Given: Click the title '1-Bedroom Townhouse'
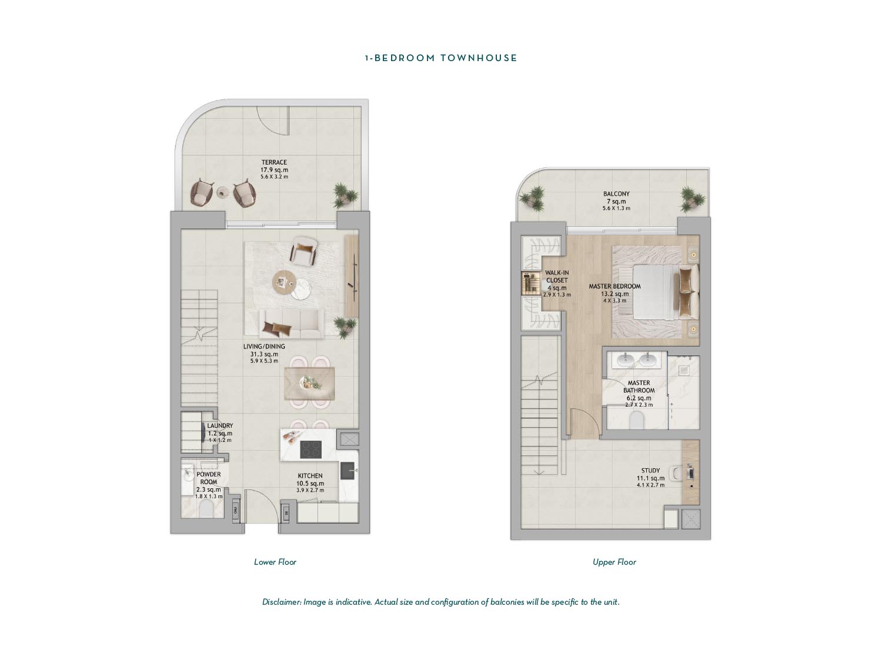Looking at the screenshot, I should tap(440, 58).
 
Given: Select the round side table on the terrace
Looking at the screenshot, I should tap(223, 192).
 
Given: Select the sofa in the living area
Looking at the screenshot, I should tap(292, 323).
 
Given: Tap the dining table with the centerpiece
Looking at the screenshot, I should tap(309, 383).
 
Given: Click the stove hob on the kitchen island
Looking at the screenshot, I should tap(310, 449).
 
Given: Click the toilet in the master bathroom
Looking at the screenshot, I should tap(637, 420).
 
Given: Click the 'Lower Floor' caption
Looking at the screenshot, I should tap(275, 562).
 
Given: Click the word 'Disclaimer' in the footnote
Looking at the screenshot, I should tap(281, 602).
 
